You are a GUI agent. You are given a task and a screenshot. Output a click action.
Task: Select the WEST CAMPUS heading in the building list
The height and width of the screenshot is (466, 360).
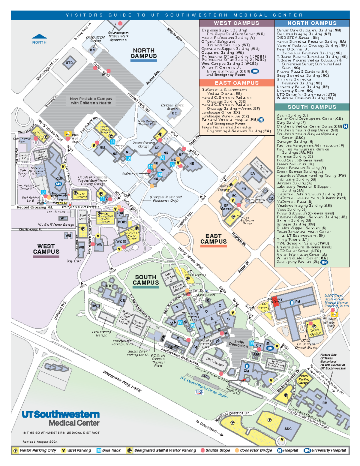pyautogui.click(x=236, y=23)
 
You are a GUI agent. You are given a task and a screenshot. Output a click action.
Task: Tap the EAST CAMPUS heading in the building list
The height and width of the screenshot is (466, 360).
pyautogui.click(x=236, y=83)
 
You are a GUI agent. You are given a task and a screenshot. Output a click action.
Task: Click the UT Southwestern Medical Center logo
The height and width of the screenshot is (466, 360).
pyautogui.click(x=61, y=418)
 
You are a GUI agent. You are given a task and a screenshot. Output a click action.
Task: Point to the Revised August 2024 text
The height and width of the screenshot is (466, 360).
pyautogui.click(x=40, y=441)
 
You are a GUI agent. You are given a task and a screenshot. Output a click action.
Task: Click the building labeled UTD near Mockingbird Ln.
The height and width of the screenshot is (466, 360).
pyautogui.click(x=69, y=63)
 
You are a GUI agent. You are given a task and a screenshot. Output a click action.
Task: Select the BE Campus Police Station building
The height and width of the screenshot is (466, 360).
pyautogui.click(x=174, y=113)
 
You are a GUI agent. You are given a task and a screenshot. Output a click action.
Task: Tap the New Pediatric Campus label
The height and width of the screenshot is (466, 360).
pyautogui.click(x=91, y=101)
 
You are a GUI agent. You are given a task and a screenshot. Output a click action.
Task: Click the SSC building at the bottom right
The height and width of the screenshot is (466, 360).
pyautogui.click(x=288, y=428)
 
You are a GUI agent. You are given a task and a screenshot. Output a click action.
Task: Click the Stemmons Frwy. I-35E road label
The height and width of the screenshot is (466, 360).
pyautogui.click(x=122, y=381)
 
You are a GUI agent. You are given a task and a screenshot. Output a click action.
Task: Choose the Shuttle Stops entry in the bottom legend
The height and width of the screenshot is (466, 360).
pyautogui.click(x=215, y=450)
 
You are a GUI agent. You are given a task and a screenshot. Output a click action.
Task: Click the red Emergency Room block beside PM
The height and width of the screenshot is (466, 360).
pyautogui.click(x=275, y=302)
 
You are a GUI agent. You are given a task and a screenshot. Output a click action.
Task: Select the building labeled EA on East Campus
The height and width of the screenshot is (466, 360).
pyautogui.click(x=253, y=173)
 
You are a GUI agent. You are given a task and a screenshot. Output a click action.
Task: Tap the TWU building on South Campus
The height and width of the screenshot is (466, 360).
pyautogui.click(x=96, y=306)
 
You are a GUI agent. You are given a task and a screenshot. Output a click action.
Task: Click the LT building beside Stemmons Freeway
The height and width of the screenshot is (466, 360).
pyautogui.click(x=49, y=367)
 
